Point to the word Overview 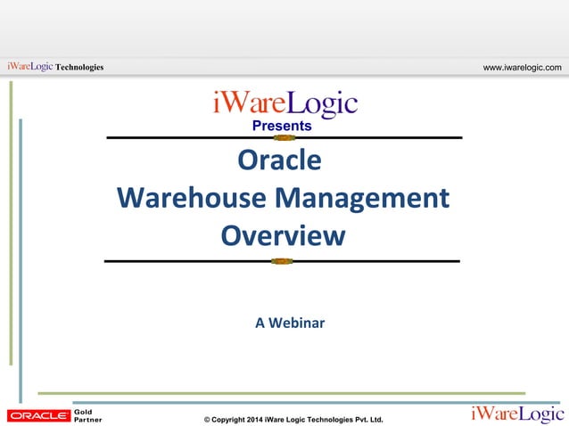(282, 236)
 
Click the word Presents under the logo (282, 126)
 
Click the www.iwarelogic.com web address (522, 67)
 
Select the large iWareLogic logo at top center (284, 103)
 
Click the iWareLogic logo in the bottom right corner (517, 414)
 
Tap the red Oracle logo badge (38, 415)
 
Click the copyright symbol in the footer (208, 419)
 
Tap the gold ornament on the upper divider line (284, 138)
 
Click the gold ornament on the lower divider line (282, 261)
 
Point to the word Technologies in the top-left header (78, 67)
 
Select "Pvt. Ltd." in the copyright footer (366, 419)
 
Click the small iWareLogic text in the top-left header (29, 67)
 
